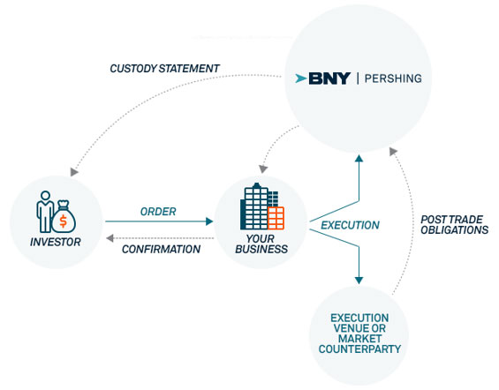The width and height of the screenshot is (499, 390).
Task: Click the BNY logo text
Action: pyautogui.click(x=329, y=79)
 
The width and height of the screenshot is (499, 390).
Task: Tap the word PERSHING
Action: pyautogui.click(x=393, y=79)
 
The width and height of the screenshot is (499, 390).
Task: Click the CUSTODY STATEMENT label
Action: pyautogui.click(x=164, y=68)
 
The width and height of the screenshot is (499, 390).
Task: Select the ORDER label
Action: pyautogui.click(x=158, y=212)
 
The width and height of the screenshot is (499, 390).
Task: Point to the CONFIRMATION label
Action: pyautogui.click(x=161, y=249)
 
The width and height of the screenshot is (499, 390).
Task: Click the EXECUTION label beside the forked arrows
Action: pyautogui.click(x=350, y=225)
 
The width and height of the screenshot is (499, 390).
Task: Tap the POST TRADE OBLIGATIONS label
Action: pyautogui.click(x=455, y=225)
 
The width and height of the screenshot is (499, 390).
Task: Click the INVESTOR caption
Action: pyautogui.click(x=56, y=242)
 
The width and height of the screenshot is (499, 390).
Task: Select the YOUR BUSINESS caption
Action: pyautogui.click(x=261, y=244)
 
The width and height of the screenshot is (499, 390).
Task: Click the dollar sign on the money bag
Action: pyautogui.click(x=64, y=221)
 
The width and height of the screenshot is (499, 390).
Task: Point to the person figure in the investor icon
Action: pyautogui.click(x=45, y=211)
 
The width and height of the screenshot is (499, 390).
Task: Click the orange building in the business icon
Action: pyautogui.click(x=276, y=218)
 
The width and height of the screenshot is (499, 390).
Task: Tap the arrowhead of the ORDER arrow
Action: pyautogui.click(x=209, y=221)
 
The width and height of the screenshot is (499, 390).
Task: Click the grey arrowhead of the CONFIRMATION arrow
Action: pyautogui.click(x=110, y=238)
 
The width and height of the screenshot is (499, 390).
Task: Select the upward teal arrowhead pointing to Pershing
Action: pyautogui.click(x=359, y=158)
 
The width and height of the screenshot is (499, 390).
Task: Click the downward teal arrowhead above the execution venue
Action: pyautogui.click(x=359, y=281)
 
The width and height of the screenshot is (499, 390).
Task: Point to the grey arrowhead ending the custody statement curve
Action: pyautogui.click(x=74, y=172)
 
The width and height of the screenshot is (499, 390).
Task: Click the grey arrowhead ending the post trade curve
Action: pyautogui.click(x=393, y=151)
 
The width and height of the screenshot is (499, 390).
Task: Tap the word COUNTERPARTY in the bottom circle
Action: pyautogui.click(x=359, y=349)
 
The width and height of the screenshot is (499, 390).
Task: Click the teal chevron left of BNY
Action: pyautogui.click(x=301, y=79)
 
